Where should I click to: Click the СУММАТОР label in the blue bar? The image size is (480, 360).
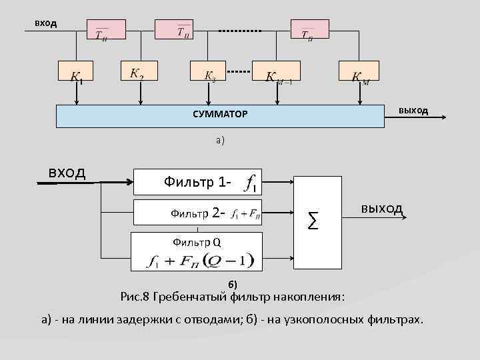tap(220, 115)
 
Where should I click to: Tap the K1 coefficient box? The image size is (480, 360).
tap(77, 74)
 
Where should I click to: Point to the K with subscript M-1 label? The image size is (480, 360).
tap(283, 77)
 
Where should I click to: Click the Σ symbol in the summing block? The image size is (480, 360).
tap(313, 217)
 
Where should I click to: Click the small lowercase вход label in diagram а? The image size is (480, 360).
tap(46, 23)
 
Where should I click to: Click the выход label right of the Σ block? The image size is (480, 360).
tap(381, 209)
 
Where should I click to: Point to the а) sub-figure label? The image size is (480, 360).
tap(220, 140)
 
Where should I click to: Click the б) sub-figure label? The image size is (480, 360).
tap(233, 285)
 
